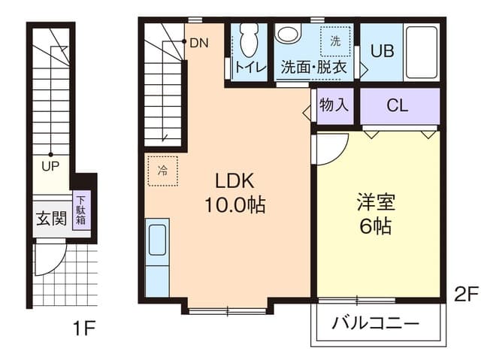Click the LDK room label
point(235,181)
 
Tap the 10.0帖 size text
point(235,205)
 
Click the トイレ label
point(249,66)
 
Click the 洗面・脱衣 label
point(313,66)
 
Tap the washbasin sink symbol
point(288,35)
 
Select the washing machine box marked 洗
point(335,41)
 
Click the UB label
point(383,52)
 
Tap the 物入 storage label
point(334,104)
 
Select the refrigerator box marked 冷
point(162,171)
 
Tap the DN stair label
point(199,43)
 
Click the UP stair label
point(51,165)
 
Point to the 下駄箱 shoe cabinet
point(80,212)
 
